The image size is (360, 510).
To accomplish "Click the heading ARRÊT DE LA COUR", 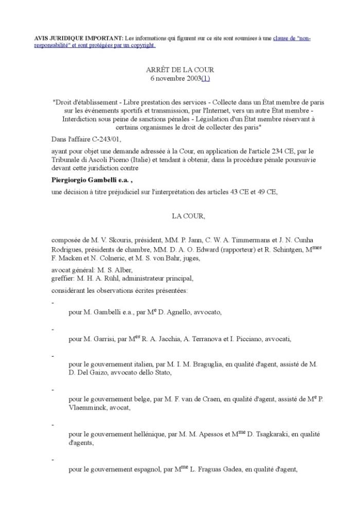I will (x=180, y=69).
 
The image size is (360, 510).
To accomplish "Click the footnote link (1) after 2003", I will (x=206, y=78).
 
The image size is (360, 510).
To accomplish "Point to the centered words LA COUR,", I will (x=188, y=216).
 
